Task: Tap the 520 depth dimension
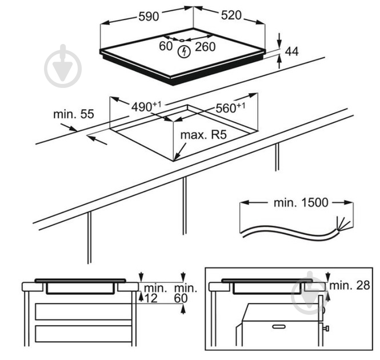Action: [x=231, y=15]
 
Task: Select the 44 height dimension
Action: [x=291, y=52]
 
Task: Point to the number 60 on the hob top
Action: [x=166, y=47]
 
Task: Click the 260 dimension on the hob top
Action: [x=205, y=47]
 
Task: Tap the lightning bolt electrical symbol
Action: [x=183, y=53]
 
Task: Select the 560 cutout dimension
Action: [x=230, y=107]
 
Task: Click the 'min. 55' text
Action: [x=73, y=114]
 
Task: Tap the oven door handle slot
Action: [x=280, y=327]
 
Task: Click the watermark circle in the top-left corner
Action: [x=63, y=66]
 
